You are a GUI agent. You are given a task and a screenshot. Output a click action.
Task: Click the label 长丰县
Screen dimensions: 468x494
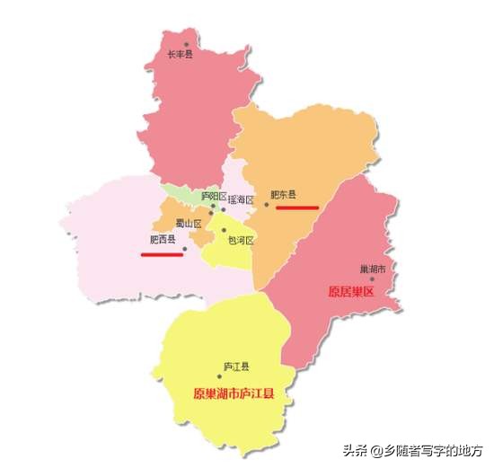pyautogui.click(x=181, y=55)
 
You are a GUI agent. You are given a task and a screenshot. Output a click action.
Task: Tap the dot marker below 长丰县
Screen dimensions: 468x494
pyautogui.click(x=187, y=44)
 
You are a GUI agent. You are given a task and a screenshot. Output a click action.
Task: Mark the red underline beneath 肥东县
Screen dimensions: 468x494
pyautogui.click(x=297, y=207)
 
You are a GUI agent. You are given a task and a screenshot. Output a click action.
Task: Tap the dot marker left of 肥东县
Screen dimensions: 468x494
pyautogui.click(x=266, y=205)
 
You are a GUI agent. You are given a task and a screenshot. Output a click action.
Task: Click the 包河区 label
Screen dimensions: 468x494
pyautogui.click(x=242, y=241)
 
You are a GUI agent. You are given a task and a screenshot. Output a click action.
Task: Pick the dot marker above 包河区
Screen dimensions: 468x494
pyautogui.click(x=225, y=230)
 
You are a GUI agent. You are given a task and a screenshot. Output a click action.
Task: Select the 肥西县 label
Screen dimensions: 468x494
pyautogui.click(x=162, y=240)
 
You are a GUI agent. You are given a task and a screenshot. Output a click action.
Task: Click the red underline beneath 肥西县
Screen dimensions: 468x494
pyautogui.click(x=162, y=254)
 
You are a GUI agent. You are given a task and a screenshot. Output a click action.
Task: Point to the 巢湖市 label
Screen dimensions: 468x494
pyautogui.click(x=372, y=269)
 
